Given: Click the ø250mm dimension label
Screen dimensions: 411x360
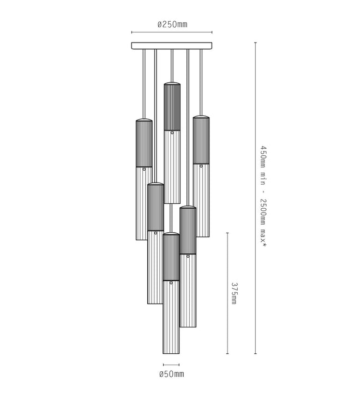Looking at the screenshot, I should (172, 25).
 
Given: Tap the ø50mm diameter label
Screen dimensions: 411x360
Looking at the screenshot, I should (171, 374).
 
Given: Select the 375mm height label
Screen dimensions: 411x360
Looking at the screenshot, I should (234, 293).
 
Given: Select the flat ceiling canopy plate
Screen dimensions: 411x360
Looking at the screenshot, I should (172, 46).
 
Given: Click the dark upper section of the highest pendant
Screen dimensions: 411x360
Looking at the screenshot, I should (172, 107).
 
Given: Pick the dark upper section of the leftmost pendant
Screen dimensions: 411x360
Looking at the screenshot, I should (144, 143).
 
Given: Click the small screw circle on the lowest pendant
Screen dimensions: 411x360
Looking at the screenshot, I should (171, 283).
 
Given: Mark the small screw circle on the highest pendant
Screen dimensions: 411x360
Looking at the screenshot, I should (172, 132).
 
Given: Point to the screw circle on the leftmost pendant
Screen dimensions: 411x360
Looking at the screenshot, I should (144, 170).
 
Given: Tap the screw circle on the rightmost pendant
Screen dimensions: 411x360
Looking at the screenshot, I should (201, 166).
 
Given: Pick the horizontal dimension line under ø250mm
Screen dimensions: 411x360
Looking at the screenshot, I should (172, 33).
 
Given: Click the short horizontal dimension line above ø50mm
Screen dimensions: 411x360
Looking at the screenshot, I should (171, 365).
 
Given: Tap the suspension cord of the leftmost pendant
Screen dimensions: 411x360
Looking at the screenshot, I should (143, 82).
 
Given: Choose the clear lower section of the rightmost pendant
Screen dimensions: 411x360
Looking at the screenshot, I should (201, 202).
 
